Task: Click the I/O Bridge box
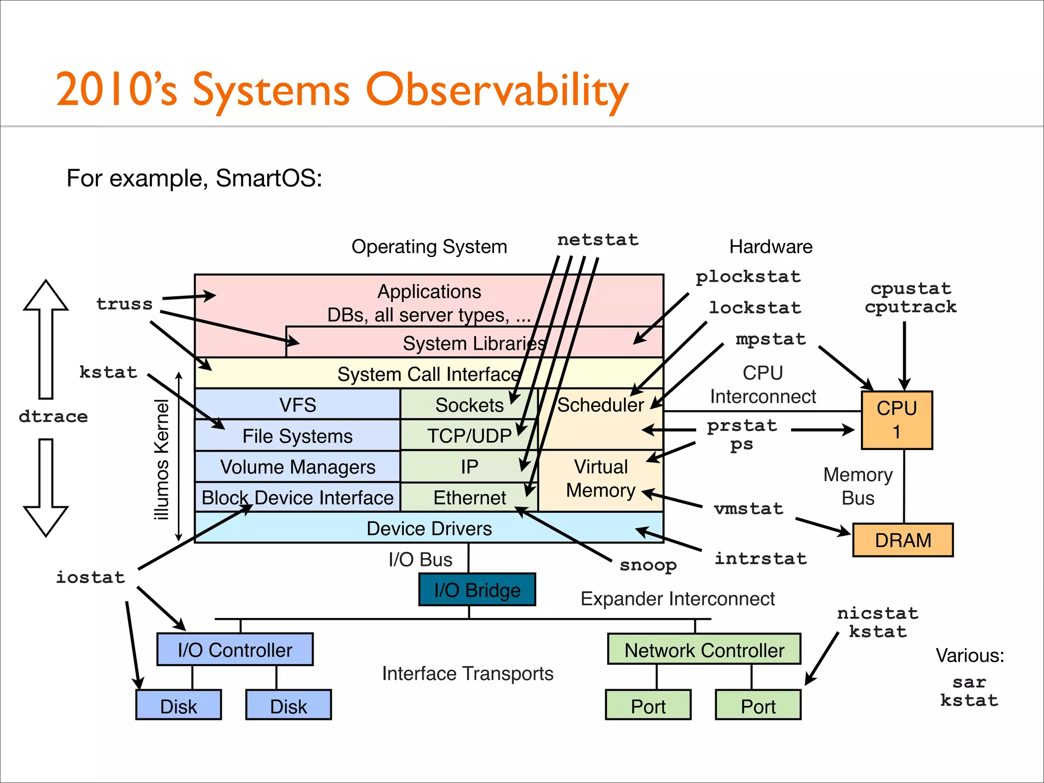point(477,590)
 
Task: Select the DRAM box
point(903,540)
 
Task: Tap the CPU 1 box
point(897,420)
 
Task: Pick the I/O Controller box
point(235,650)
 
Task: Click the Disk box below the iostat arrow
point(178,706)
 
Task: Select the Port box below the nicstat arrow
point(758,706)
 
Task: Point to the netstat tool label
point(597,240)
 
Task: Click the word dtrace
point(53,416)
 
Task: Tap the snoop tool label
point(648,565)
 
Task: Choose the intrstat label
point(761,559)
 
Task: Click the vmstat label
point(748,509)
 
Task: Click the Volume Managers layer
point(297,467)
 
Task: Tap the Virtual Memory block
point(601,479)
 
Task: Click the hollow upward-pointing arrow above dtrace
point(46,336)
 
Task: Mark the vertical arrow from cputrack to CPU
point(904,354)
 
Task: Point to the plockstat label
point(748,277)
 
